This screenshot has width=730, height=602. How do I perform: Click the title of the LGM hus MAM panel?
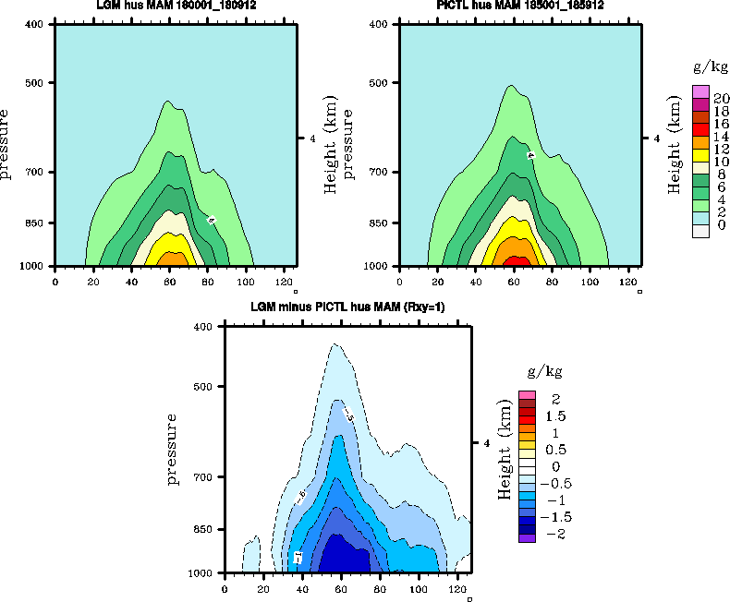[176, 6]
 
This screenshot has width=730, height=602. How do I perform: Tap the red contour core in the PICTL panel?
[517, 261]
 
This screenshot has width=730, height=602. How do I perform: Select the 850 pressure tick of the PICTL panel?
[383, 223]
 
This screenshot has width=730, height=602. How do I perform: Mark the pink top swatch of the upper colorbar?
[701, 90]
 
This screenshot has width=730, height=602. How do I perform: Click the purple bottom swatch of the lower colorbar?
[528, 538]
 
